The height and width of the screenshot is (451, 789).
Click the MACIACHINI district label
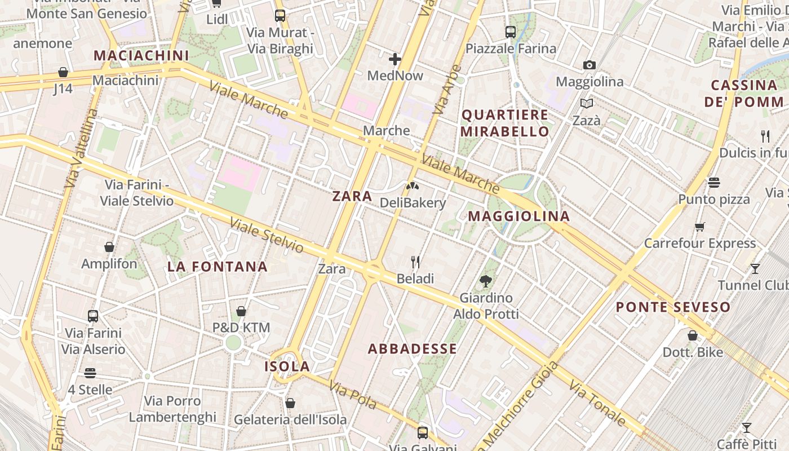tap(141, 55)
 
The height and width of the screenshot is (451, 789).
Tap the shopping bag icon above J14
tap(63, 72)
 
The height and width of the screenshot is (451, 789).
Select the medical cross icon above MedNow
tap(395, 59)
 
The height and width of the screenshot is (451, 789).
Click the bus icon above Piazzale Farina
tap(511, 32)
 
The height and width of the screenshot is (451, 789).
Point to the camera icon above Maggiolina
tap(589, 65)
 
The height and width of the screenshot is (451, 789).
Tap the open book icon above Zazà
tap(587, 104)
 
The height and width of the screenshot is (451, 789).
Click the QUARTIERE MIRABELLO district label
tap(505, 123)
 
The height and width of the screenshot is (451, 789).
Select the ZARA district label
tap(352, 196)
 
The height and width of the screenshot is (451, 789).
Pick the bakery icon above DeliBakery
tap(413, 185)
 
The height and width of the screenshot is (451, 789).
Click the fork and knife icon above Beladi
tap(415, 262)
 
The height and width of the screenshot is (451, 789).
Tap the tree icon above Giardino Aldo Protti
tap(485, 281)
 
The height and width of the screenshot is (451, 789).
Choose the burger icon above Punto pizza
tap(714, 183)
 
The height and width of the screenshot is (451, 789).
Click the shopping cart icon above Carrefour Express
tap(700, 227)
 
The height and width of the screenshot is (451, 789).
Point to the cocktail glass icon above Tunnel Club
tap(755, 268)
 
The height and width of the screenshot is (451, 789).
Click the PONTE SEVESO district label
tap(673, 307)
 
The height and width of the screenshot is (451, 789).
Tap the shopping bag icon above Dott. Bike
tap(693, 335)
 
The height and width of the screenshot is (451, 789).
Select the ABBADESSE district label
tap(413, 349)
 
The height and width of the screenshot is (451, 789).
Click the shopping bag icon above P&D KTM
tap(241, 311)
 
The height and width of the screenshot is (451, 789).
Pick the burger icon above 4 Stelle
tap(90, 373)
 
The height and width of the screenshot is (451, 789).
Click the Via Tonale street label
tap(597, 403)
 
